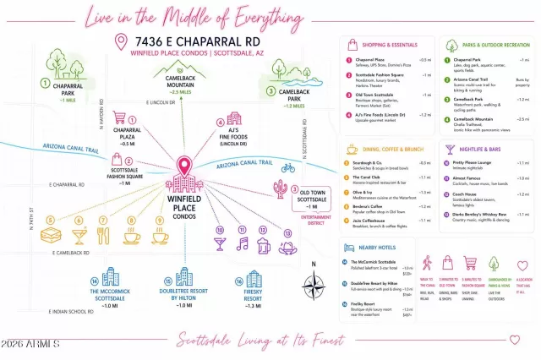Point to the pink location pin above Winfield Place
183,165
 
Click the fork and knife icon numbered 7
104,236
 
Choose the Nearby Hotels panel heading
380,248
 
